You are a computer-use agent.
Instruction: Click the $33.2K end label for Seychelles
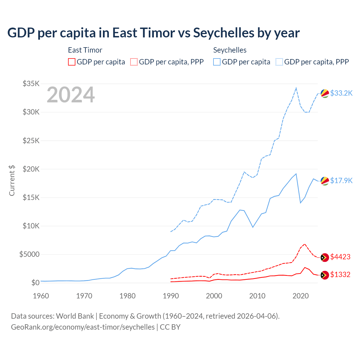coord(341,93)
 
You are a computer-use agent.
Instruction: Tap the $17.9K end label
coord(341,181)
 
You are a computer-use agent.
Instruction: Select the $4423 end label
coord(340,257)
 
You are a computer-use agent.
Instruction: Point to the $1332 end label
coord(340,274)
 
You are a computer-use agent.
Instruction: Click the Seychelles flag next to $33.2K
coord(325,93)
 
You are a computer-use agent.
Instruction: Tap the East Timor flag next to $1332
coord(325,275)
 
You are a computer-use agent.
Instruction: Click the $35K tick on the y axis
coord(31,84)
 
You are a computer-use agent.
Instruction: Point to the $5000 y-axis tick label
coord(29,254)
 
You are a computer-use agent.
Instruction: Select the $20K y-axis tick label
coord(31,169)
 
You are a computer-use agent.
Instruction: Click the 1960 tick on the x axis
coord(41,296)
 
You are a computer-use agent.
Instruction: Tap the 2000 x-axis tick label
coord(214,296)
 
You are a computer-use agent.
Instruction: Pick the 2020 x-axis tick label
coord(301,296)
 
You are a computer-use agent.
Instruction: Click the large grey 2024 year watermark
coord(71,95)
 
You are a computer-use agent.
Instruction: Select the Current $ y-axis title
coord(12,180)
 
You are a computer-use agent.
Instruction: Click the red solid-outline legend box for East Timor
coord(72,62)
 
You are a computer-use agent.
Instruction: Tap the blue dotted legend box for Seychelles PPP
coord(279,62)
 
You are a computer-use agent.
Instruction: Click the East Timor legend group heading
coord(85,50)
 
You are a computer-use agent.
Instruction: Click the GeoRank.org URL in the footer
coord(83,327)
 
